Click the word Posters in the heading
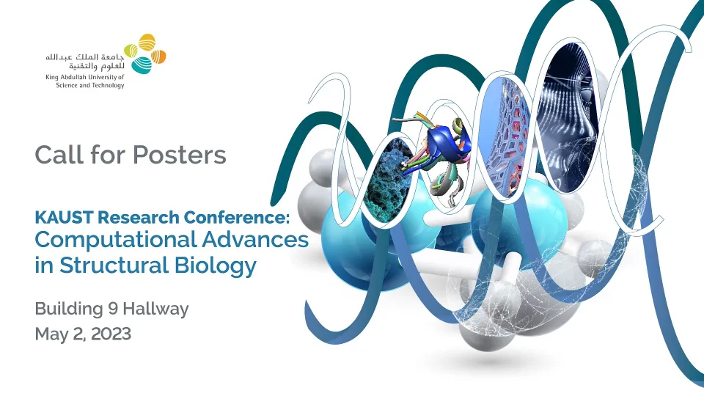click(x=179, y=155)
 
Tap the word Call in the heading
click(x=59, y=155)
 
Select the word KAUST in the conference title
click(x=65, y=217)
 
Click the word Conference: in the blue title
click(x=236, y=217)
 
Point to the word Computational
click(x=115, y=241)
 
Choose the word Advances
click(x=255, y=239)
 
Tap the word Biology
click(x=216, y=265)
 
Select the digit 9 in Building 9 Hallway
click(x=113, y=309)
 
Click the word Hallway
click(x=155, y=309)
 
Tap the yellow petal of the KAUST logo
click(x=147, y=43)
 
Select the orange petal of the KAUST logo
click(x=158, y=56)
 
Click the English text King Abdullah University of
click(x=85, y=77)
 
